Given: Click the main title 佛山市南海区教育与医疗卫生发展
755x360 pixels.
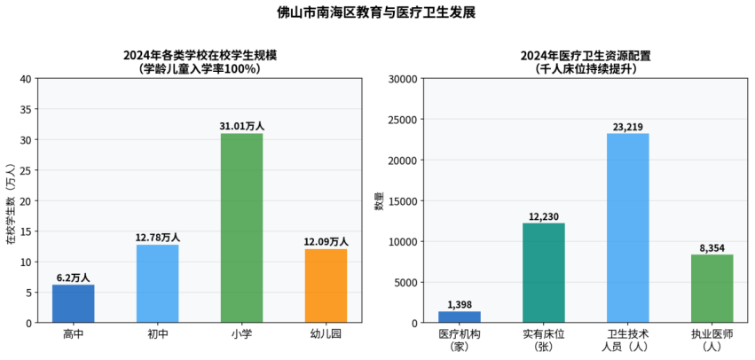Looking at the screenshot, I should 377,12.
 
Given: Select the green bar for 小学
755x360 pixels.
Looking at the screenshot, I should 241,228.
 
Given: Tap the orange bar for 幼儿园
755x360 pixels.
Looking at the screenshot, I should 326,286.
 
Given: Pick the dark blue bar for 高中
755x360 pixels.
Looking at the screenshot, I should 73,303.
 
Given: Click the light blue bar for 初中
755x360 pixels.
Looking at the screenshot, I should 157,284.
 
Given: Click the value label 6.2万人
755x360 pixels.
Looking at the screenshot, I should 73,278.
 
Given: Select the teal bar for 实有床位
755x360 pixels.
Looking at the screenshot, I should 543,273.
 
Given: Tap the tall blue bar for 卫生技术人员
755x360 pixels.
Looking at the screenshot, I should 627,228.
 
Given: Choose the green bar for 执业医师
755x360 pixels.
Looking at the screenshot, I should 712,289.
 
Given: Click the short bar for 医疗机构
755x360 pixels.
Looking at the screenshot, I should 459,317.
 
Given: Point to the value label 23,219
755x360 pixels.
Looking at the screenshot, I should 627,127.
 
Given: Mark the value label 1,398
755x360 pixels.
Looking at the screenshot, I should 459,304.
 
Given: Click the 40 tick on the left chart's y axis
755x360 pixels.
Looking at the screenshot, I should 26,79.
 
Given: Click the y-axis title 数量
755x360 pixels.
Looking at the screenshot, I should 379,201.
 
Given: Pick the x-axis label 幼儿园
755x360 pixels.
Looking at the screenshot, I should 326,334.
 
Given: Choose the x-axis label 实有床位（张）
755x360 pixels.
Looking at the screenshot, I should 543,340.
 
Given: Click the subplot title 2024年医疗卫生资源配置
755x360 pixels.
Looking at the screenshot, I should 586,55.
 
